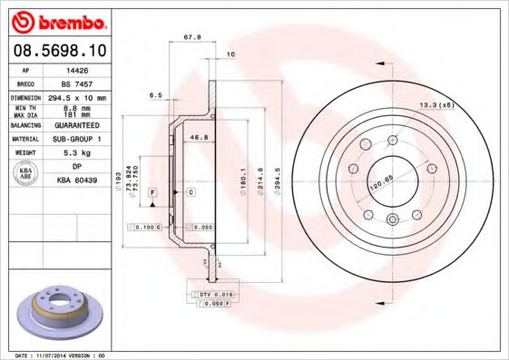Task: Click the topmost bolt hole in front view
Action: pos(391,140)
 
